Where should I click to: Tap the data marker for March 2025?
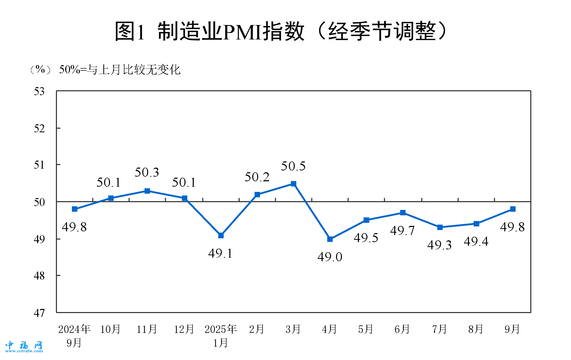(x=293, y=184)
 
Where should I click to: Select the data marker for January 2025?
(x=221, y=235)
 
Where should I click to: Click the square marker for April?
(x=330, y=239)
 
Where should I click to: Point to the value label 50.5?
(x=293, y=166)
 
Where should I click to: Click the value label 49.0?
(x=330, y=257)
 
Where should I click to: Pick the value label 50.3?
(x=147, y=173)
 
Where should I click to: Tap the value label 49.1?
(x=220, y=253)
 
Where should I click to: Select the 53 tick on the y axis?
(x=39, y=92)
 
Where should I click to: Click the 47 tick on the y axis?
(x=39, y=313)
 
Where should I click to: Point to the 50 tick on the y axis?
(x=39, y=202)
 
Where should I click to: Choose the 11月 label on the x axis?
(x=147, y=329)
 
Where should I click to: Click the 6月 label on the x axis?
(x=402, y=329)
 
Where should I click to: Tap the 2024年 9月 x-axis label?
(x=74, y=336)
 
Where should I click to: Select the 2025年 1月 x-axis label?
(x=221, y=336)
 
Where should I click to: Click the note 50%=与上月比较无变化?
(x=120, y=70)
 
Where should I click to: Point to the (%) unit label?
(x=40, y=69)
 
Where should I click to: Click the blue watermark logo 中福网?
(x=24, y=346)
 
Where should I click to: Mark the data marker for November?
(x=147, y=191)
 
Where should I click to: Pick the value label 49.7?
(x=402, y=231)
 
